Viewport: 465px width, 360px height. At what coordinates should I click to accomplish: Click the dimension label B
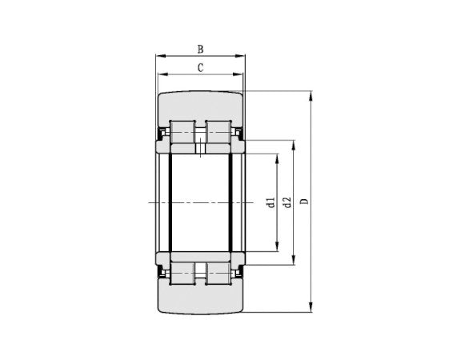(x=199, y=48)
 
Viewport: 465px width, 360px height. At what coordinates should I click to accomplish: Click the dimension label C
(x=199, y=68)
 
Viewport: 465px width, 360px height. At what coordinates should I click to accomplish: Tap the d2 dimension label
(x=286, y=202)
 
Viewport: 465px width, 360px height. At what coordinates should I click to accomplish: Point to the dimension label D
(x=303, y=202)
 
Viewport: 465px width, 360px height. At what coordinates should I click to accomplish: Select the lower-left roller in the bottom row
(x=182, y=273)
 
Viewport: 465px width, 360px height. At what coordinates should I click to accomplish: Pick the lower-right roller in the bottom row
(x=218, y=273)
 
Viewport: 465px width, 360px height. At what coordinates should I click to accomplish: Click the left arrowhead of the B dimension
(x=159, y=56)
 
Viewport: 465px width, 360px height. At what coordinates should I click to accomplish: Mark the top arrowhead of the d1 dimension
(x=279, y=158)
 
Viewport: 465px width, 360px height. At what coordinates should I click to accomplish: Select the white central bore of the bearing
(x=199, y=202)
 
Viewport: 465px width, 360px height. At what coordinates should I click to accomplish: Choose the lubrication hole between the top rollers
(x=200, y=146)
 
